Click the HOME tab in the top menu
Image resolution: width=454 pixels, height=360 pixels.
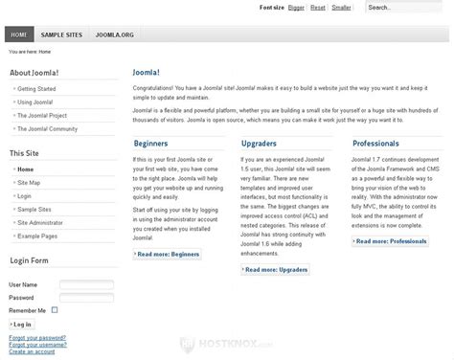pos(18,34)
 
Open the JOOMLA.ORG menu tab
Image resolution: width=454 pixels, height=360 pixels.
pos(114,34)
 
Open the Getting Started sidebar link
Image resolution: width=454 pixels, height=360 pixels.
pos(36,88)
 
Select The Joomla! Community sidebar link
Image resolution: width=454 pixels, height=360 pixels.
pos(48,128)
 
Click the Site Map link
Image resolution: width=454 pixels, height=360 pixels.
pos(30,182)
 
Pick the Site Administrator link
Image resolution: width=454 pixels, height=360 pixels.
pos(43,221)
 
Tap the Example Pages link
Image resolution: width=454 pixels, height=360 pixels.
pos(37,235)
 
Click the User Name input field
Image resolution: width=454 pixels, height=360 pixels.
pos(86,284)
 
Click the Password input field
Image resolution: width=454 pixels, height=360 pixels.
pos(86,297)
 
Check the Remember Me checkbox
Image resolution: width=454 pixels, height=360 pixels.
pos(55,310)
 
